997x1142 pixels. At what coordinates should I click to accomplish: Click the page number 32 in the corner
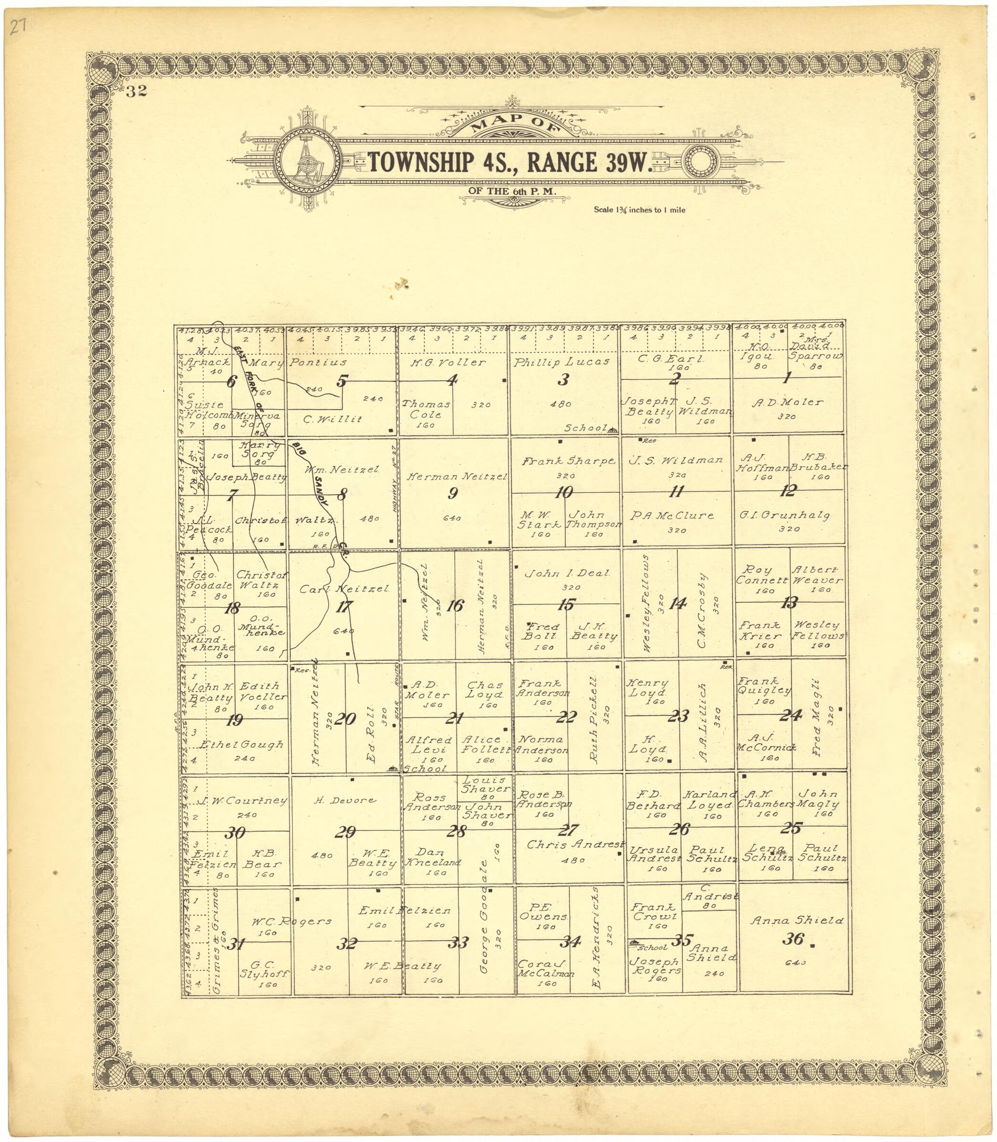(136, 92)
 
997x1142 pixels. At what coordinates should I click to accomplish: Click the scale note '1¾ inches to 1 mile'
(639, 210)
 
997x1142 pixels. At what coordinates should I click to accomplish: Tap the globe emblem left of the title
(308, 161)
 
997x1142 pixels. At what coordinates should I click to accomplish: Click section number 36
(792, 939)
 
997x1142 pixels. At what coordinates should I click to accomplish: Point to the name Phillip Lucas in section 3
(562, 362)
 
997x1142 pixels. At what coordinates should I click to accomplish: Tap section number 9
(453, 493)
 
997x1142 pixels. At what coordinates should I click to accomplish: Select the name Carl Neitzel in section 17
(344, 589)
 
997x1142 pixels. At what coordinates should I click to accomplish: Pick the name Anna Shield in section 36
(796, 920)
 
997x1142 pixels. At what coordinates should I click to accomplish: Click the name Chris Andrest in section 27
(575, 844)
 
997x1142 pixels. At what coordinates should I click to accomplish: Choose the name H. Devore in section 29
(345, 800)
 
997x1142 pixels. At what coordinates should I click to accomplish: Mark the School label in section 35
(652, 947)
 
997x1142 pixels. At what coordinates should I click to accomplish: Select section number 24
(790, 716)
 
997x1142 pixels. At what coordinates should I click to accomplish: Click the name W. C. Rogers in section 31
(291, 921)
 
